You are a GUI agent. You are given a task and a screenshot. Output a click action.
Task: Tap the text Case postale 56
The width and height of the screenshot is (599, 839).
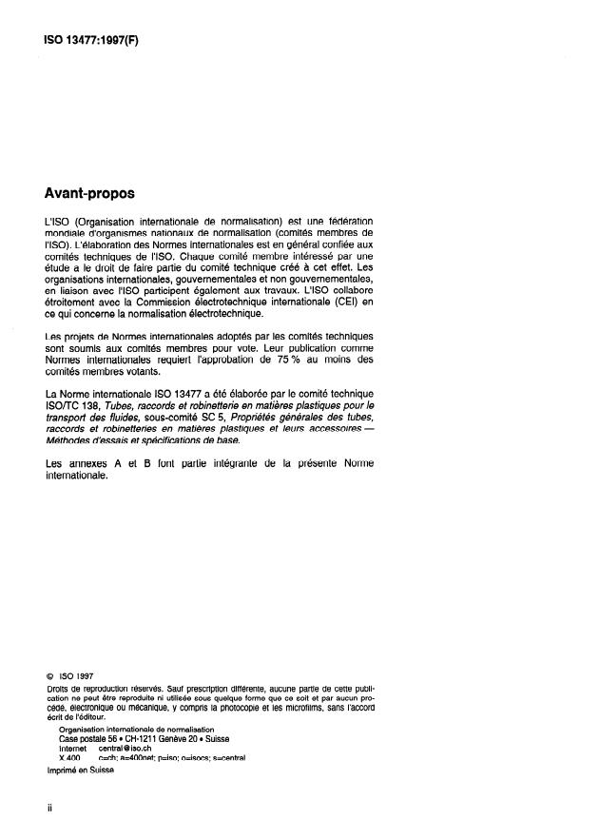click(x=88, y=739)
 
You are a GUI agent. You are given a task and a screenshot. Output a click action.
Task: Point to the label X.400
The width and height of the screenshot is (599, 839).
click(x=69, y=758)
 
